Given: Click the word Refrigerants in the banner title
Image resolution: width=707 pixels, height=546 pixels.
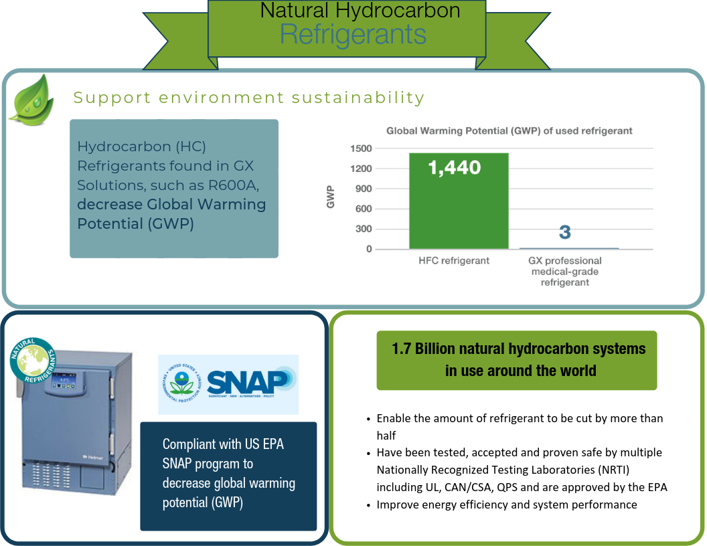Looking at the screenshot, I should click(x=353, y=34).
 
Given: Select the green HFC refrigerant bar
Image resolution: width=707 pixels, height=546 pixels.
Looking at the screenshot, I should click(x=459, y=201).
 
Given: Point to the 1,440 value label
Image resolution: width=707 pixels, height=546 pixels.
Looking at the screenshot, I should click(x=455, y=167).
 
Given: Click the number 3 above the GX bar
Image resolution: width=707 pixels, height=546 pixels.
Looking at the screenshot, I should click(x=565, y=233).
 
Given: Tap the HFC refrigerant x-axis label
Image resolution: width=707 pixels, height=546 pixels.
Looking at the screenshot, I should click(x=459, y=261).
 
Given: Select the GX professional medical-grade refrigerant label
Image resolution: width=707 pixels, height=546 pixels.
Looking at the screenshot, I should click(x=566, y=271).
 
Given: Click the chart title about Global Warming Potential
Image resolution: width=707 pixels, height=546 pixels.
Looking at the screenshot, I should click(x=509, y=130).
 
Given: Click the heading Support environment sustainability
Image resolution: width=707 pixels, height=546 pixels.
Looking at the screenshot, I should click(x=249, y=98).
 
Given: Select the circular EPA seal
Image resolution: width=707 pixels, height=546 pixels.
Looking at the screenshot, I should click(x=181, y=383).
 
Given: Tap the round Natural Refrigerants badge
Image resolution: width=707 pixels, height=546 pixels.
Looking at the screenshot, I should click(x=32, y=361).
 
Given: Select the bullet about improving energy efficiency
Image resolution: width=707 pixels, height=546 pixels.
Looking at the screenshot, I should click(x=506, y=505).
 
